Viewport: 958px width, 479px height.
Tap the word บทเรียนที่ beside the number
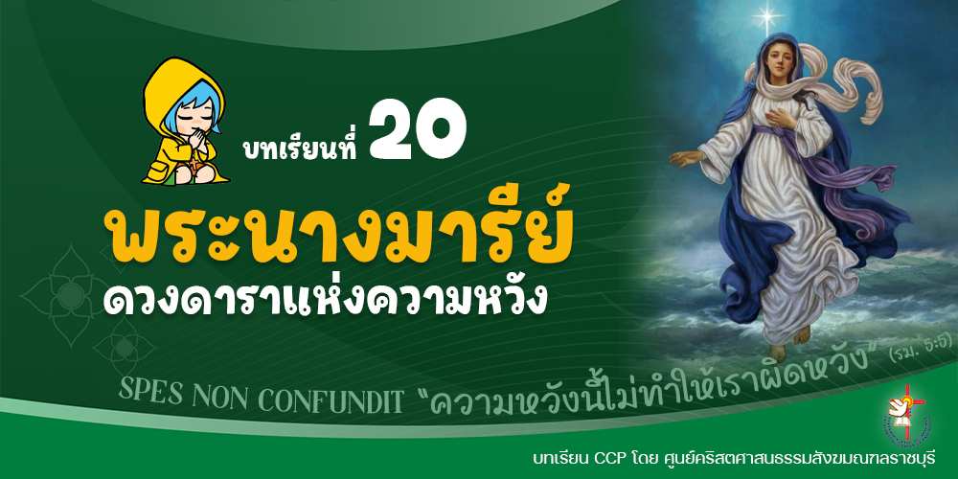[299, 147]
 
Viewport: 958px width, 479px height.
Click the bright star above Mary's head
[766, 15]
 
